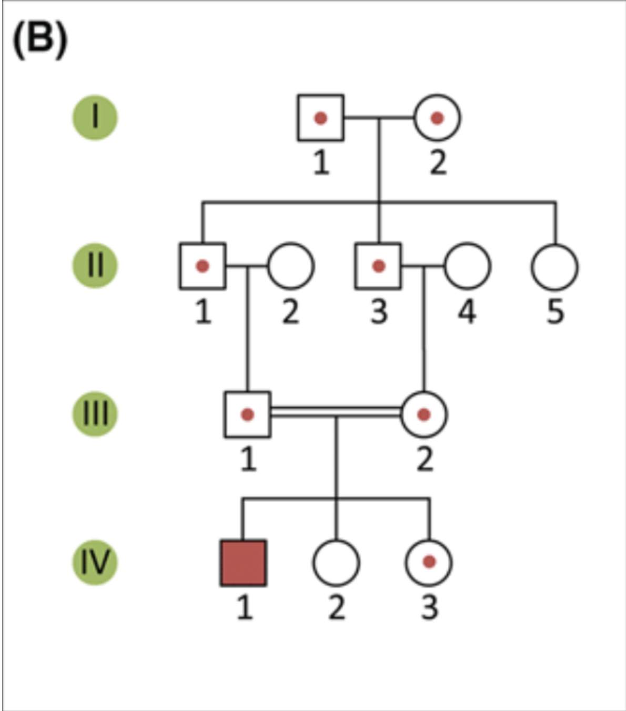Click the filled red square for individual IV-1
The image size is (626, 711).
pyautogui.click(x=243, y=563)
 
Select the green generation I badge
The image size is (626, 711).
pyautogui.click(x=95, y=117)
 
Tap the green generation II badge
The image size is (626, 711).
pyautogui.click(x=95, y=266)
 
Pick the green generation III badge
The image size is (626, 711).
pyautogui.click(x=95, y=414)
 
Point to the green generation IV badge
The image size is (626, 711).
pyautogui.click(x=95, y=562)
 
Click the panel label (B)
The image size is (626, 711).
pyautogui.click(x=40, y=40)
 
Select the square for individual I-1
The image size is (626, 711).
pyautogui.click(x=320, y=118)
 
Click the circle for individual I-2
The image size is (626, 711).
pyautogui.click(x=437, y=118)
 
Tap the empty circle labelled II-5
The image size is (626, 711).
pyautogui.click(x=554, y=267)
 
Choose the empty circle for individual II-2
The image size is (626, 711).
pyautogui.click(x=291, y=266)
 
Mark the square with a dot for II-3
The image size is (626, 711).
pyautogui.click(x=378, y=266)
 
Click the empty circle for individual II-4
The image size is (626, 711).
pyautogui.click(x=467, y=266)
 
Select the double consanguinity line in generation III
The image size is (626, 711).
pyautogui.click(x=336, y=412)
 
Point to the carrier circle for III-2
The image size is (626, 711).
pyautogui.click(x=423, y=414)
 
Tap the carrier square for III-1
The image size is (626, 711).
pyautogui.click(x=247, y=414)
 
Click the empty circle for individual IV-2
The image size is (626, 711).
pyautogui.click(x=336, y=563)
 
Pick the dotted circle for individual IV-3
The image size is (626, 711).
pyautogui.click(x=429, y=562)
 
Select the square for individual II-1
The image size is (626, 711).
pyautogui.click(x=203, y=266)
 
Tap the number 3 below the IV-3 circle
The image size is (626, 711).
pyautogui.click(x=429, y=608)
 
